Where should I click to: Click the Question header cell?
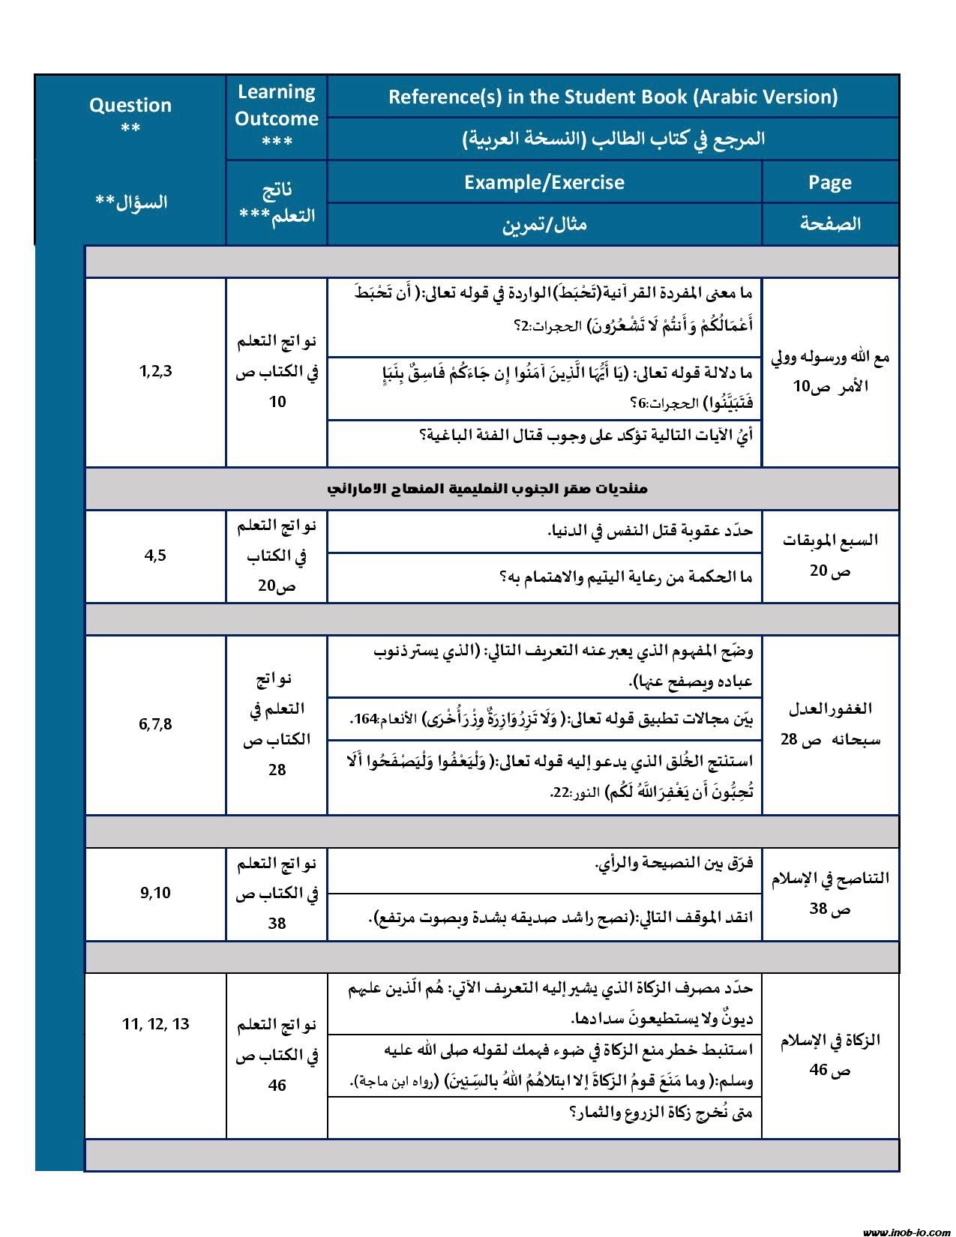coord(130,116)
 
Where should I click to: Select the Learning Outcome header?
coord(277,117)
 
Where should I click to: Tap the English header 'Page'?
coord(830,182)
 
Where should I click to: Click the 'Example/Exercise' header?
coord(544,182)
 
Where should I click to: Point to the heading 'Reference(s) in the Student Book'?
coord(613,97)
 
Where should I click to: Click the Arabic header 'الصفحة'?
coord(830,223)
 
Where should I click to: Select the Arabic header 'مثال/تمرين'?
coord(544,224)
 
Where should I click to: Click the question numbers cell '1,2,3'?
coord(155,370)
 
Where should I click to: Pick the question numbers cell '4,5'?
coord(155,556)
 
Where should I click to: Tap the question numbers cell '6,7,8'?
coord(155,724)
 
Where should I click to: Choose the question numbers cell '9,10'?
coord(155,893)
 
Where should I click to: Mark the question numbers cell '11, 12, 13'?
coord(155,1024)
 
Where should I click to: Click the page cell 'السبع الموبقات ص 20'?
coord(830,556)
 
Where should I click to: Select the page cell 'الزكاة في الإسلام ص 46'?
coord(830,1054)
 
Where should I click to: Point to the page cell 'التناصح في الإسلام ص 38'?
coord(830,893)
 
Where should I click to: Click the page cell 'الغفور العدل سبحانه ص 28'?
coord(830,724)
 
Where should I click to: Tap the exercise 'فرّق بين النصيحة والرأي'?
coord(673,864)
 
